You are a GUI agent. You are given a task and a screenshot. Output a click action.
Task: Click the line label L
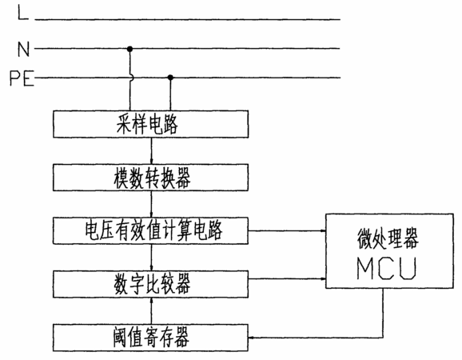pos(23,14)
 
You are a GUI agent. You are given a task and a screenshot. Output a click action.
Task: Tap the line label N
pos(23,49)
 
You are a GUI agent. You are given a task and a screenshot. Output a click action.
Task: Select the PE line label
pos(22,78)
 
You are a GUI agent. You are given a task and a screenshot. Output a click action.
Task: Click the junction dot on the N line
pos(129,49)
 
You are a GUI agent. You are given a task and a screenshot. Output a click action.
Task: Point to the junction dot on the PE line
pos(170,78)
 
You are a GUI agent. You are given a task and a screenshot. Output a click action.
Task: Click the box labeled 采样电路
pos(150,124)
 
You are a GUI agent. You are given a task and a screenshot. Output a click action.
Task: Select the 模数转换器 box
pos(150,178)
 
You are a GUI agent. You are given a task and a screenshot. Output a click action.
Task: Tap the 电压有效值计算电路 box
pos(150,231)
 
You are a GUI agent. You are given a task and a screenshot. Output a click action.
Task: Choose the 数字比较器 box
pos(150,284)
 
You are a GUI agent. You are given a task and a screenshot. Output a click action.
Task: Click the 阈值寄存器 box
pos(150,338)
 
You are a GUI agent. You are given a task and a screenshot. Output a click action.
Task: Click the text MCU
pos(387,268)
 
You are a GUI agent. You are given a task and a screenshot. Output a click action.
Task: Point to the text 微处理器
pos(388,238)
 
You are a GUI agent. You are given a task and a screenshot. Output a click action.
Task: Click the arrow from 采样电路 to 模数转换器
pos(151,151)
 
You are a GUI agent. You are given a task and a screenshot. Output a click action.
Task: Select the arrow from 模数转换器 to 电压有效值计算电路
pos(151,204)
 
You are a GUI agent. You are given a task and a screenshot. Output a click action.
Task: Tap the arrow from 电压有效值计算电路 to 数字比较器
pos(151,258)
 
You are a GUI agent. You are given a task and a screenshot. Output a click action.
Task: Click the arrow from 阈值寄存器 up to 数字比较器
pos(151,310)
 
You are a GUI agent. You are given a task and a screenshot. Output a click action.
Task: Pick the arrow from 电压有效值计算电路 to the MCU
pos(287,231)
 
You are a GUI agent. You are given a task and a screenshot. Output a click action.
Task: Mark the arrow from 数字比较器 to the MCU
pos(287,278)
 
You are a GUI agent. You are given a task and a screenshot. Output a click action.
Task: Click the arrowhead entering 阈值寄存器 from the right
pos(251,338)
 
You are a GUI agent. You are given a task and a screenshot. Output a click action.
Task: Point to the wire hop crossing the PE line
pos(131,78)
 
